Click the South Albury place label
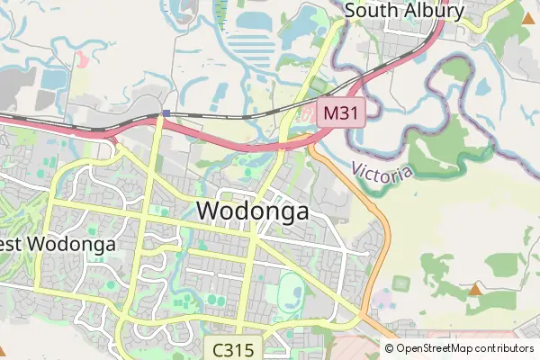coord(404,11)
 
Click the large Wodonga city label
coord(252,211)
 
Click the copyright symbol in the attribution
coord(390,348)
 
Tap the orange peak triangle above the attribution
coord(474,289)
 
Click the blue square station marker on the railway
coord(166,113)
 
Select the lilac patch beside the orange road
coord(385,296)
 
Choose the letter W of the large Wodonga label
coord(206,211)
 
